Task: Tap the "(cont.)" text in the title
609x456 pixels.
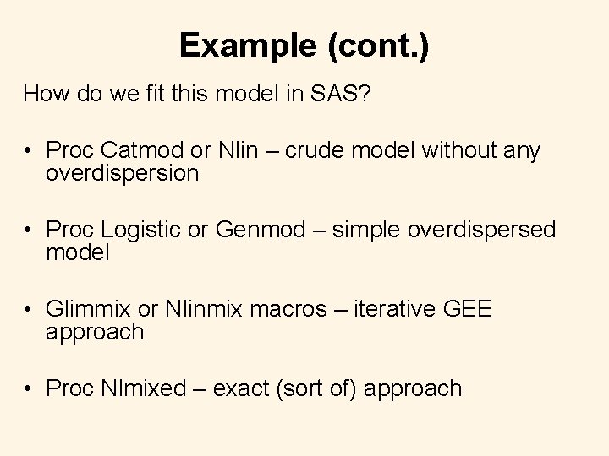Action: pyautogui.click(x=378, y=46)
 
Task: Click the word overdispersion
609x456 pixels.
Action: pyautogui.click(x=123, y=174)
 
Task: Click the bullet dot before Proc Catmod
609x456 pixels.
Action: pyautogui.click(x=29, y=152)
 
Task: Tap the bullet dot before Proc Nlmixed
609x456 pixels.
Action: pyautogui.click(x=29, y=389)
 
